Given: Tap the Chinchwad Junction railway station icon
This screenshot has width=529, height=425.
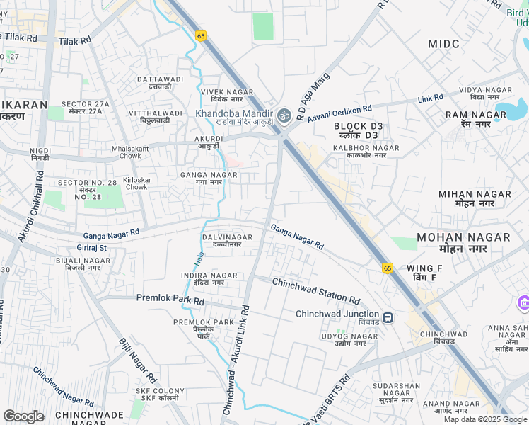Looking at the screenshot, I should click(x=388, y=317).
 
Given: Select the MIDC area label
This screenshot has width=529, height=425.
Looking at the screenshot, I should click(x=443, y=44).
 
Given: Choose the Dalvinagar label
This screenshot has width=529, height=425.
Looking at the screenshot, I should click(x=227, y=240).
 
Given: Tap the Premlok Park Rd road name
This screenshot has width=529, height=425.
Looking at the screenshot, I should click(x=170, y=300).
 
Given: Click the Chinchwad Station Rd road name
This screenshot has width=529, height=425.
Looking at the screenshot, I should click(x=316, y=290).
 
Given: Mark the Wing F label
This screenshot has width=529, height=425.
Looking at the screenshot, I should click(x=424, y=272).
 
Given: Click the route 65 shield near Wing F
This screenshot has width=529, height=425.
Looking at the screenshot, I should click(x=388, y=268).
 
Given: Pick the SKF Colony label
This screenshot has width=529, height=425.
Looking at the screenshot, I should click(x=163, y=394).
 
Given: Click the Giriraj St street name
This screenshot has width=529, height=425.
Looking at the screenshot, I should click(x=93, y=248).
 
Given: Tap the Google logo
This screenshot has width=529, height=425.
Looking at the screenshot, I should click(x=23, y=416).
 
